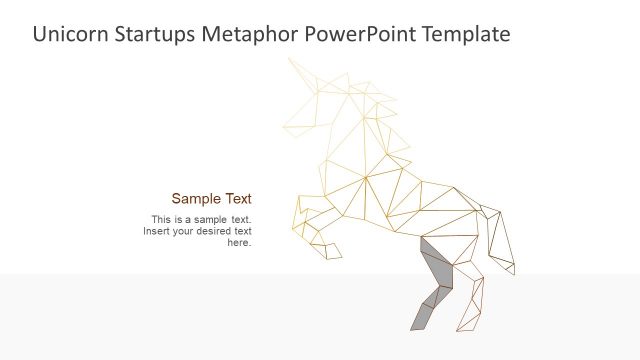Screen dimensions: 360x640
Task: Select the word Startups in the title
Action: click(155, 35)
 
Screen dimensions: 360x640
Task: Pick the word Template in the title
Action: click(464, 35)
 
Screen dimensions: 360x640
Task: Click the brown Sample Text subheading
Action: click(211, 198)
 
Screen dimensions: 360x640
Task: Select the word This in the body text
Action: click(162, 219)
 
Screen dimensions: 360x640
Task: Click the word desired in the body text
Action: click(214, 231)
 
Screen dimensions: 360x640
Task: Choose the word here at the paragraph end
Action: click(239, 242)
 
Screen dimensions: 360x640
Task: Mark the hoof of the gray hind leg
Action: click(418, 322)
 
